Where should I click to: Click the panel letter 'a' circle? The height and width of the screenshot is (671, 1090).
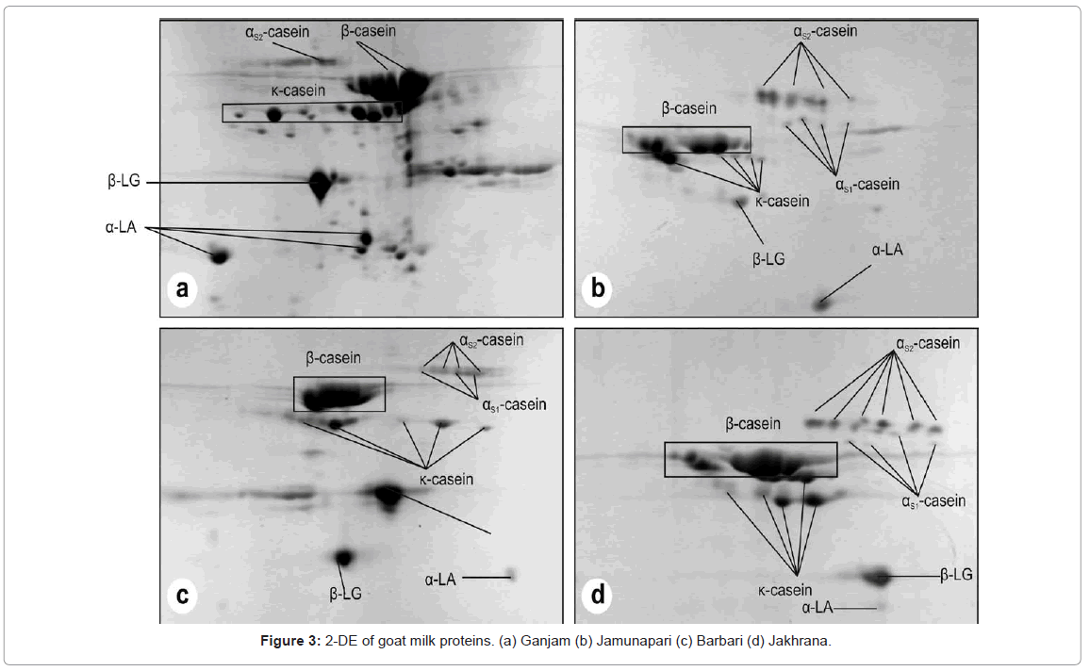[182, 289]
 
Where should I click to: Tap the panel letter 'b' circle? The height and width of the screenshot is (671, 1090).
[597, 289]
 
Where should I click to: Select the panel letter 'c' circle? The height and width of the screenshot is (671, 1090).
[183, 595]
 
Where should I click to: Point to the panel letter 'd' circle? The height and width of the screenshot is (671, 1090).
[598, 595]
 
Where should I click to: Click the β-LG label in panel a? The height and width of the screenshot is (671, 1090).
[124, 182]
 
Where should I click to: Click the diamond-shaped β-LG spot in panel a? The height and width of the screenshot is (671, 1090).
[321, 184]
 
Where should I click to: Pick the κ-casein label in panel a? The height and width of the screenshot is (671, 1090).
[298, 91]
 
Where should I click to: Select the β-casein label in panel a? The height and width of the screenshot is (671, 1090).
[368, 31]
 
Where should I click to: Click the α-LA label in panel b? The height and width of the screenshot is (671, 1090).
[886, 251]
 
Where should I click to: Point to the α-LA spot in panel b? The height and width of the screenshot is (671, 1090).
[822, 303]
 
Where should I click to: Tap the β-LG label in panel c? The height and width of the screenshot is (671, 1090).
[345, 595]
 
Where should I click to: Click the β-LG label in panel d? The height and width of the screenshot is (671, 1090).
[956, 574]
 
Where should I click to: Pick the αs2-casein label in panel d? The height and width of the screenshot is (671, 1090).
[928, 344]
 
